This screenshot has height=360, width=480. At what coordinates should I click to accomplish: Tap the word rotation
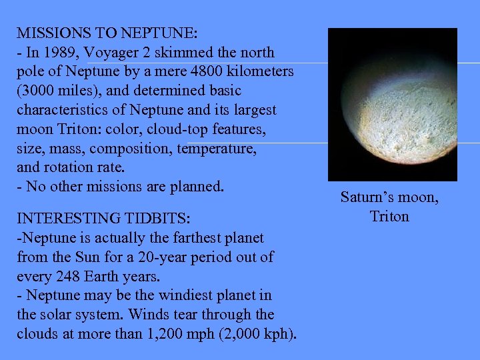69,167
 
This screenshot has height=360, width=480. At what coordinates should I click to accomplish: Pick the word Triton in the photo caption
389,216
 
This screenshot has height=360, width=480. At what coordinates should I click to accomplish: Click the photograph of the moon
393,104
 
